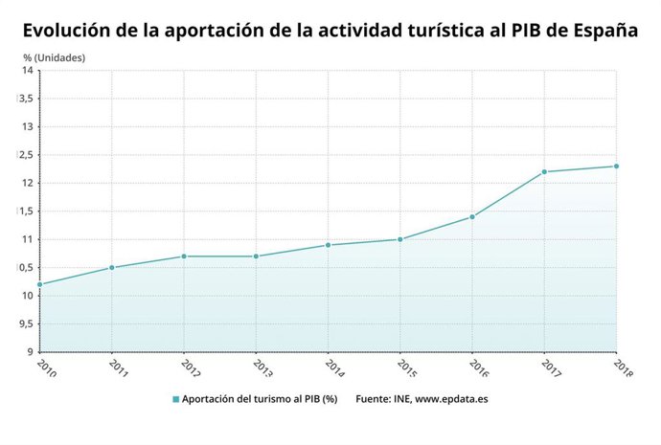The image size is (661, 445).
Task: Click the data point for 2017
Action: point(544,172)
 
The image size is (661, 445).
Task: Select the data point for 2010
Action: point(40,284)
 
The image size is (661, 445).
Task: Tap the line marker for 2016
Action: point(472,217)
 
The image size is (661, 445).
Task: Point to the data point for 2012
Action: point(184,256)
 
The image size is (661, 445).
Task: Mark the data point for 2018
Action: point(616,167)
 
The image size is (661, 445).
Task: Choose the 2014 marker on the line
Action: point(328,245)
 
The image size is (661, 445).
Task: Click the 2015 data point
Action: point(400,239)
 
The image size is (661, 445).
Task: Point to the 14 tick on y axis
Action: point(28,71)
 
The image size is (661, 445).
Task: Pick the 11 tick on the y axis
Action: point(28,239)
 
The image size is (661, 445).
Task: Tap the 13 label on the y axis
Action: point(28,127)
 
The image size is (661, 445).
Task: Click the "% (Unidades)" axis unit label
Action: point(55,57)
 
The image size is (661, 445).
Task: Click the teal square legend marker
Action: point(176,399)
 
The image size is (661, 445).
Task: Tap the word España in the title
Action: point(602,30)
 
